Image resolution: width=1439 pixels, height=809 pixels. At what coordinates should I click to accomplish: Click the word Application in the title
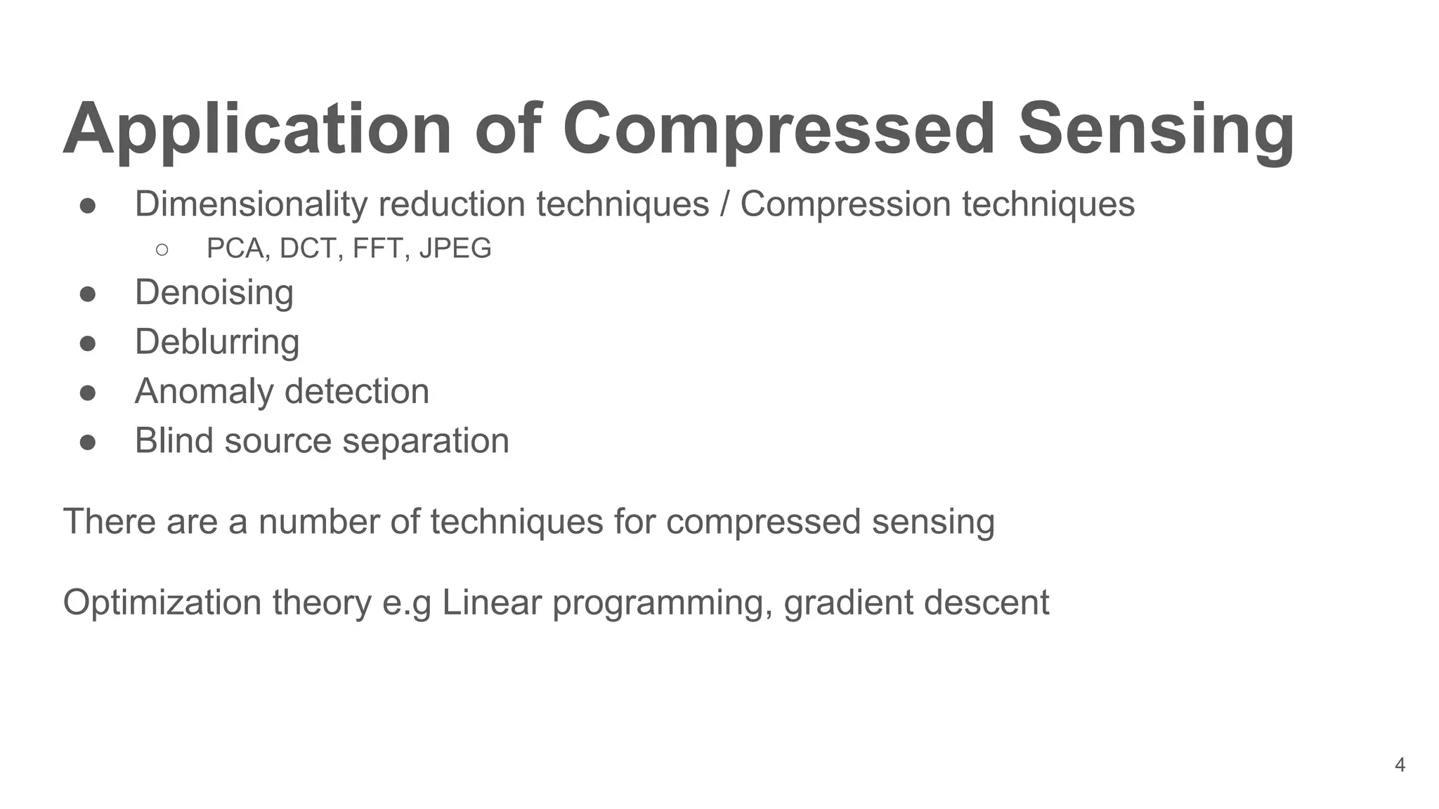tap(257, 130)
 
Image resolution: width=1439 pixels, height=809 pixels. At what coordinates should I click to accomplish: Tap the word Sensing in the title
tap(1156, 130)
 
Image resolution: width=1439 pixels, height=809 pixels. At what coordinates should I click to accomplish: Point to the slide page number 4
tap(1400, 765)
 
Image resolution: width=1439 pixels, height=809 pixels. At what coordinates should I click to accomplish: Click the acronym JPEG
tap(455, 249)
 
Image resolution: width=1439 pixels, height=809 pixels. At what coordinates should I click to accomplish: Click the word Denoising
tap(214, 292)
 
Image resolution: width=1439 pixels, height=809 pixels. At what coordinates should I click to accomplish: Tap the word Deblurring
tap(217, 342)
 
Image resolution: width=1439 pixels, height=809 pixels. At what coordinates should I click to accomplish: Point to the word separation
tap(426, 441)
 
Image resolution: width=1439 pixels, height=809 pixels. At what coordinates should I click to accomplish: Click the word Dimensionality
tap(251, 204)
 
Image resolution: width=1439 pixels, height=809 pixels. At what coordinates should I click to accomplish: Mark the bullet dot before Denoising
tap(88, 294)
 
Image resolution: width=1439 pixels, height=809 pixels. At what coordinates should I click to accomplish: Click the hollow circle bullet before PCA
tap(162, 250)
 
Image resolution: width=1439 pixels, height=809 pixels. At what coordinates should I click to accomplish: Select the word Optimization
tap(162, 603)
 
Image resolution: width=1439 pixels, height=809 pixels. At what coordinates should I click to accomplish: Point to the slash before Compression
tap(724, 204)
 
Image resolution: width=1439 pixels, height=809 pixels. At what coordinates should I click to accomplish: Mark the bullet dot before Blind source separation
tap(88, 442)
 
